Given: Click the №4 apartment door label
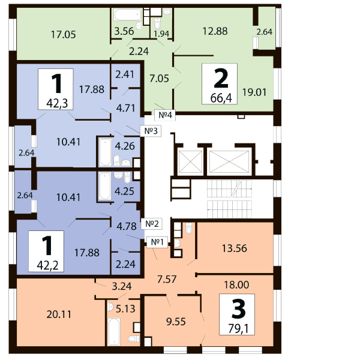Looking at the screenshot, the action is pos(166,115).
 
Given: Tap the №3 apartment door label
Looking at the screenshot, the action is pos(151,131).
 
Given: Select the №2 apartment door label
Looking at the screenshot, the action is pos(152,223).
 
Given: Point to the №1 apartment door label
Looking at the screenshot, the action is pos(157,242).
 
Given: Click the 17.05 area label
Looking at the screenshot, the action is pos(64,35).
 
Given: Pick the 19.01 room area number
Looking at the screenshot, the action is pos(254,92).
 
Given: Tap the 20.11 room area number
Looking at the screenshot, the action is pos(59,314).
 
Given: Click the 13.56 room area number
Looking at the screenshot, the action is pos(235,248).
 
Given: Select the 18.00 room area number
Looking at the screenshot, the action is pos(236,284).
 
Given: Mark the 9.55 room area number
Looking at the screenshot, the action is pos(176,322).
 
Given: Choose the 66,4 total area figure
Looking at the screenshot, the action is pos(221,98).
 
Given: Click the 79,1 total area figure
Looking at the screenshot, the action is pos(238,329).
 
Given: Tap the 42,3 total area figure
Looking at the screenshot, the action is pos(57,104).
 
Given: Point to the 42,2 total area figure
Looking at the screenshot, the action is pos(47,266).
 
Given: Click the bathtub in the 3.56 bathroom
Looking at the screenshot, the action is pos(128,14).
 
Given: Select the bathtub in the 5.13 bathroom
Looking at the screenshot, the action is pos(114,332).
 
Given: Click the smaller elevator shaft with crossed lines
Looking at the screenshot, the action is pos(190,161).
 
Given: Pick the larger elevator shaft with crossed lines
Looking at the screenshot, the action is pos(229,161).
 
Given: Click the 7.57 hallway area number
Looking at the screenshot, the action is pos(167,280).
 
